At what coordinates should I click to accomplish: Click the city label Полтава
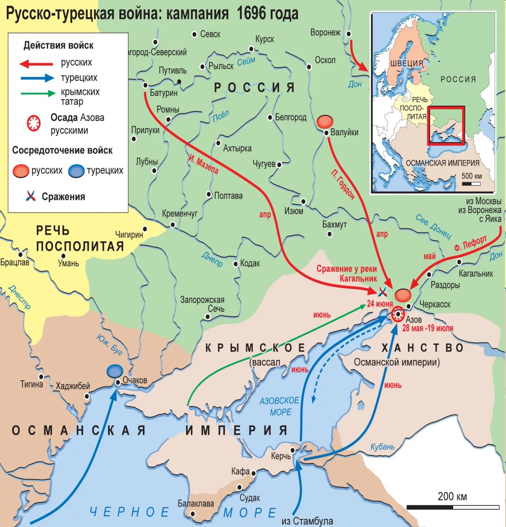click(x=228, y=196)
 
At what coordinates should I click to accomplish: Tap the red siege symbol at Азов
click(x=398, y=314)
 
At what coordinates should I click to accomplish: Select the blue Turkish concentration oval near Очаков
click(x=115, y=371)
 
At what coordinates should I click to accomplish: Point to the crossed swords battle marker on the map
click(x=382, y=291)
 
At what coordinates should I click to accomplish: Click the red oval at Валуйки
click(x=325, y=121)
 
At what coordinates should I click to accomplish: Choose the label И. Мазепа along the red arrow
click(x=204, y=164)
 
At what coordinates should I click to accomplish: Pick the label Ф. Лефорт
click(x=470, y=243)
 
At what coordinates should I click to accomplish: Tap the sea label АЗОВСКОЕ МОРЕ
click(x=279, y=406)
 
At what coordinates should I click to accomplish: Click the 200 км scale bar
click(x=453, y=507)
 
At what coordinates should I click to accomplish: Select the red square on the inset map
click(x=446, y=126)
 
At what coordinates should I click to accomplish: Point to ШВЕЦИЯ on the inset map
click(x=407, y=63)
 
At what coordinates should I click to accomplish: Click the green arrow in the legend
click(x=38, y=93)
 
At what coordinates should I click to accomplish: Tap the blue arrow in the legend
click(x=37, y=78)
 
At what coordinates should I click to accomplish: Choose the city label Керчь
click(x=280, y=456)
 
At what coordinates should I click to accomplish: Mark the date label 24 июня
click(x=379, y=304)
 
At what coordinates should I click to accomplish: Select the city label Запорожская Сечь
click(x=202, y=304)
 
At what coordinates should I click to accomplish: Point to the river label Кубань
click(x=382, y=447)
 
